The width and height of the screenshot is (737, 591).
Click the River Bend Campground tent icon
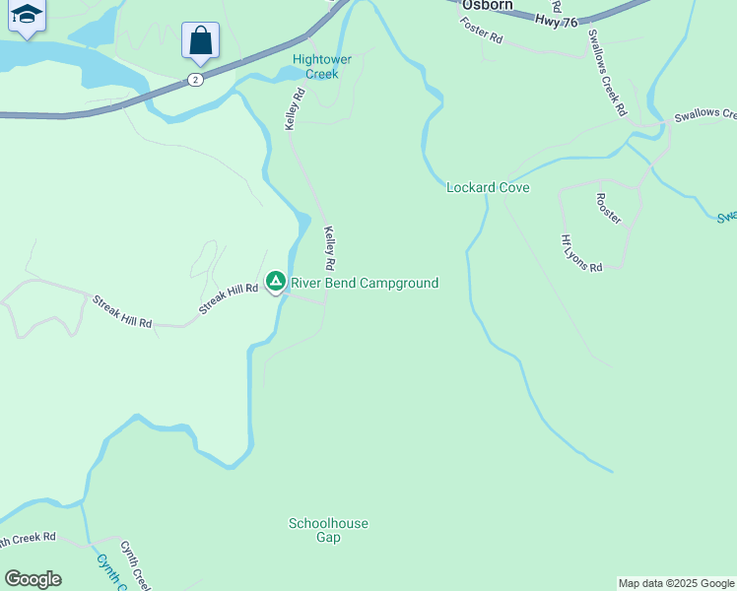(276, 282)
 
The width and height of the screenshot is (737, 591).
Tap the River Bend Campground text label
(365, 283)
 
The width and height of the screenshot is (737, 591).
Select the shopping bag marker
(200, 41)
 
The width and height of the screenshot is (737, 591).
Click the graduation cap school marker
(26, 15)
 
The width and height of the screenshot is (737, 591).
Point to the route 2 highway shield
(196, 80)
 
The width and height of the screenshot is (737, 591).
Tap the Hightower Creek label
(315, 66)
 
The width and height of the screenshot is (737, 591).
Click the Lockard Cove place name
(488, 187)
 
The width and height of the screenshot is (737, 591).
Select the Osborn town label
(488, 5)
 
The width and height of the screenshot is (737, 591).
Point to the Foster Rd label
(481, 31)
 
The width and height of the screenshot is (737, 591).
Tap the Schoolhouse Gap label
(328, 530)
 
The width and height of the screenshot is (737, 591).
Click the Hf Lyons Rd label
(580, 253)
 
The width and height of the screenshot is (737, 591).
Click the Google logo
(33, 579)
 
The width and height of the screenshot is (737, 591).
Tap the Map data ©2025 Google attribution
(676, 583)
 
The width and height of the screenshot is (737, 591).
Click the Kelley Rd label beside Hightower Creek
(294, 109)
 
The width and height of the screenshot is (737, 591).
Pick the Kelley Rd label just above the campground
(330, 249)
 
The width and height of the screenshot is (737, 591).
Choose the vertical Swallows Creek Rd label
(606, 72)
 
